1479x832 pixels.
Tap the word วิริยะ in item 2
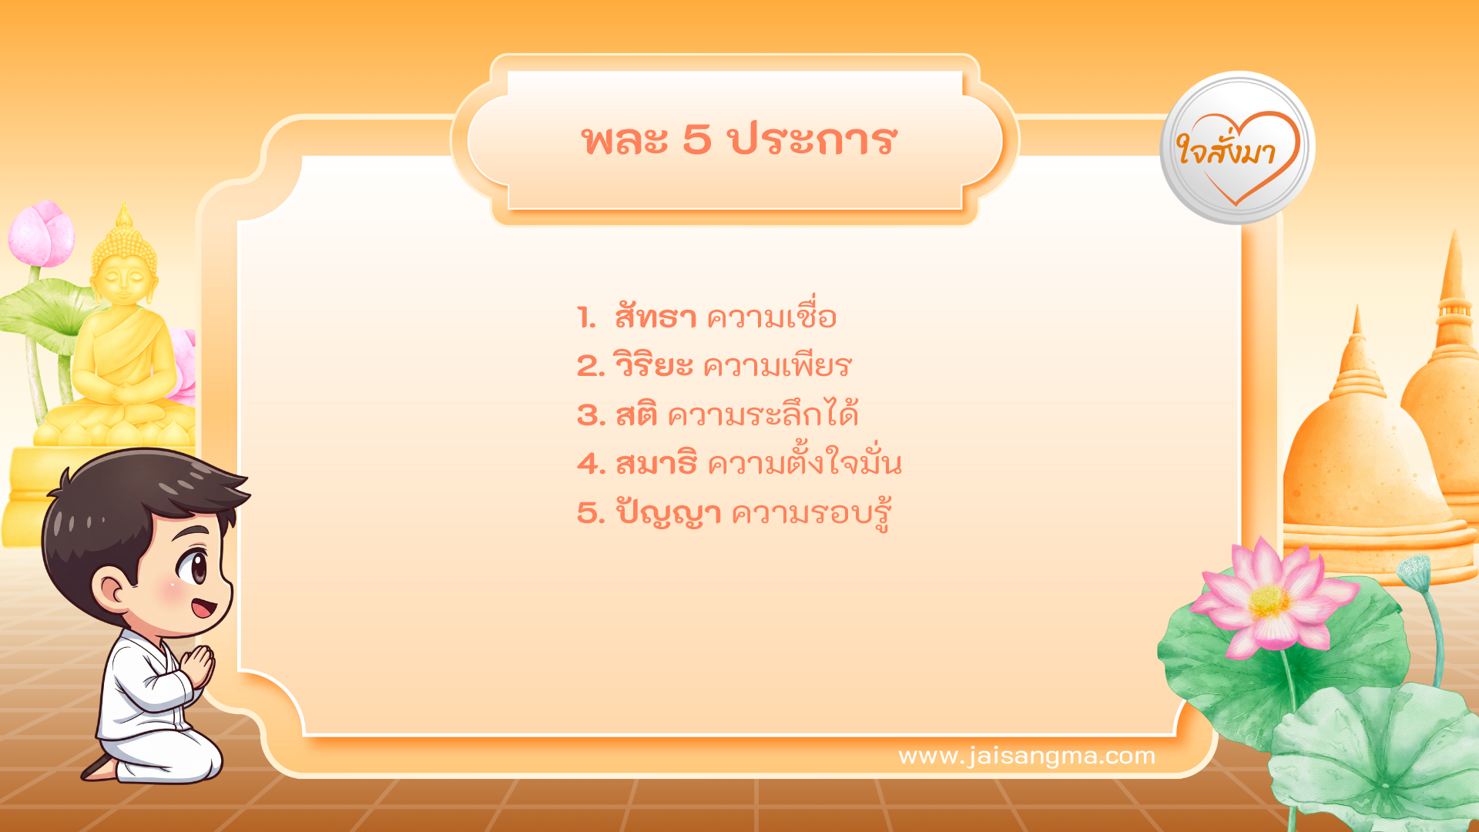pyautogui.click(x=653, y=366)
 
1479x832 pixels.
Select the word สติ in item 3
pyautogui.click(x=636, y=415)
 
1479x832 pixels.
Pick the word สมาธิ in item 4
pyautogui.click(x=656, y=464)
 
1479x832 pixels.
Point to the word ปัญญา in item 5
pyautogui.click(x=669, y=513)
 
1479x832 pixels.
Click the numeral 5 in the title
pyautogui.click(x=696, y=140)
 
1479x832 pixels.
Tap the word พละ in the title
pyautogui.click(x=625, y=140)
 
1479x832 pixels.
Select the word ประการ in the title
pyautogui.click(x=813, y=140)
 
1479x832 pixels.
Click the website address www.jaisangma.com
pyautogui.click(x=1027, y=756)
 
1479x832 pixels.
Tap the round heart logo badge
pyautogui.click(x=1237, y=148)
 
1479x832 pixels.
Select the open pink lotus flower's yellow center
pyautogui.click(x=1268, y=602)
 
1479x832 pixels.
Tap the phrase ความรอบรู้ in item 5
pyautogui.click(x=811, y=513)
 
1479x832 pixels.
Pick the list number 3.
pyautogui.click(x=591, y=415)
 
